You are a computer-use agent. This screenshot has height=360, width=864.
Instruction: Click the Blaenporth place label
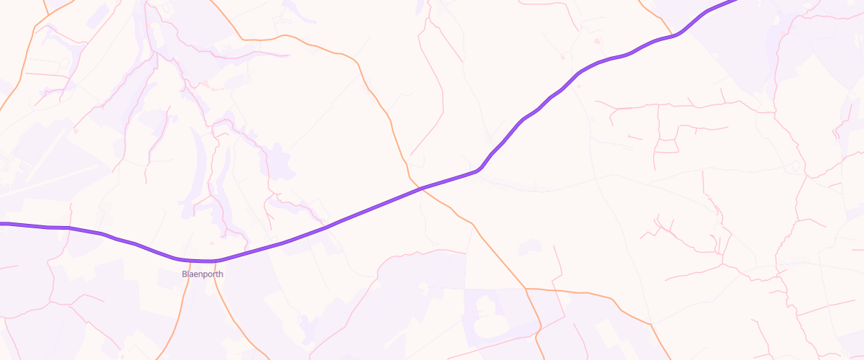pos(203,274)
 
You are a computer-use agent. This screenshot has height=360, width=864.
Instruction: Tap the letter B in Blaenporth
pos(184,274)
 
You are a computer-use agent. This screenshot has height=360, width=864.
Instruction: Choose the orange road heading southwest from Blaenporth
pos(173,324)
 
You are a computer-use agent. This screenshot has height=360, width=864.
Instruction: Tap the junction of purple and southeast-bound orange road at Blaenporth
pos(215,261)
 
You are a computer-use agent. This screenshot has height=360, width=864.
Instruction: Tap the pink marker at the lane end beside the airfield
pos(76,131)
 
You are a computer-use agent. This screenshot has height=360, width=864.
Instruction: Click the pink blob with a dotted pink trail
pos(206,84)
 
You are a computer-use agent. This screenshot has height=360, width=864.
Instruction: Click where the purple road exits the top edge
pos(736,1)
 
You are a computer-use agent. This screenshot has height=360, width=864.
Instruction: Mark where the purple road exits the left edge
pos(1,224)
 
